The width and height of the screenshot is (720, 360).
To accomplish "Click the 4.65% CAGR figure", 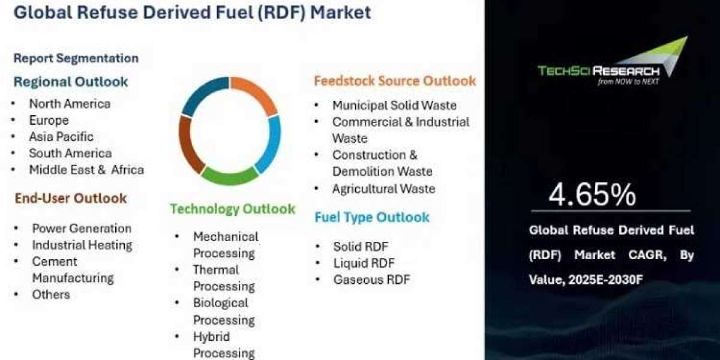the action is click(592, 194).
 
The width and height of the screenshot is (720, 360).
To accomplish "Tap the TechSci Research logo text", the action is click(599, 71).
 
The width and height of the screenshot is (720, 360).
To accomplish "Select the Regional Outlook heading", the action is click(71, 82).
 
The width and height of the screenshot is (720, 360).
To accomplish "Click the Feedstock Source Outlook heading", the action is click(395, 80).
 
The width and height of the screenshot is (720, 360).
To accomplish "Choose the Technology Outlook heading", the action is click(232, 209).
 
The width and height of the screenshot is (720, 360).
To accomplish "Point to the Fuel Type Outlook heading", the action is click(372, 217).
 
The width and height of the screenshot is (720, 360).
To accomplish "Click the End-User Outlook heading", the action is click(71, 199).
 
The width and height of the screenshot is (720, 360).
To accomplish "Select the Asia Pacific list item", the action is click(61, 137).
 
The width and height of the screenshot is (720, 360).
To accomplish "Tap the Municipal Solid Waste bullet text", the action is click(394, 106).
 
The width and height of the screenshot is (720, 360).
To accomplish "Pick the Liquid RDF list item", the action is click(364, 263).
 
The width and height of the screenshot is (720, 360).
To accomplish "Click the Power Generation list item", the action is click(82, 229).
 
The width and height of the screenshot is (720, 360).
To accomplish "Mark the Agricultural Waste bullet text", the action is click(384, 188).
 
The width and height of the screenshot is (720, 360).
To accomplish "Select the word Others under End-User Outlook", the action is click(51, 295).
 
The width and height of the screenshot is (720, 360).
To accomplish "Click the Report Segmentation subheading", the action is click(76, 58).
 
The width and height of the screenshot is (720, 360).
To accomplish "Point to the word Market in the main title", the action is click(341, 12).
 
